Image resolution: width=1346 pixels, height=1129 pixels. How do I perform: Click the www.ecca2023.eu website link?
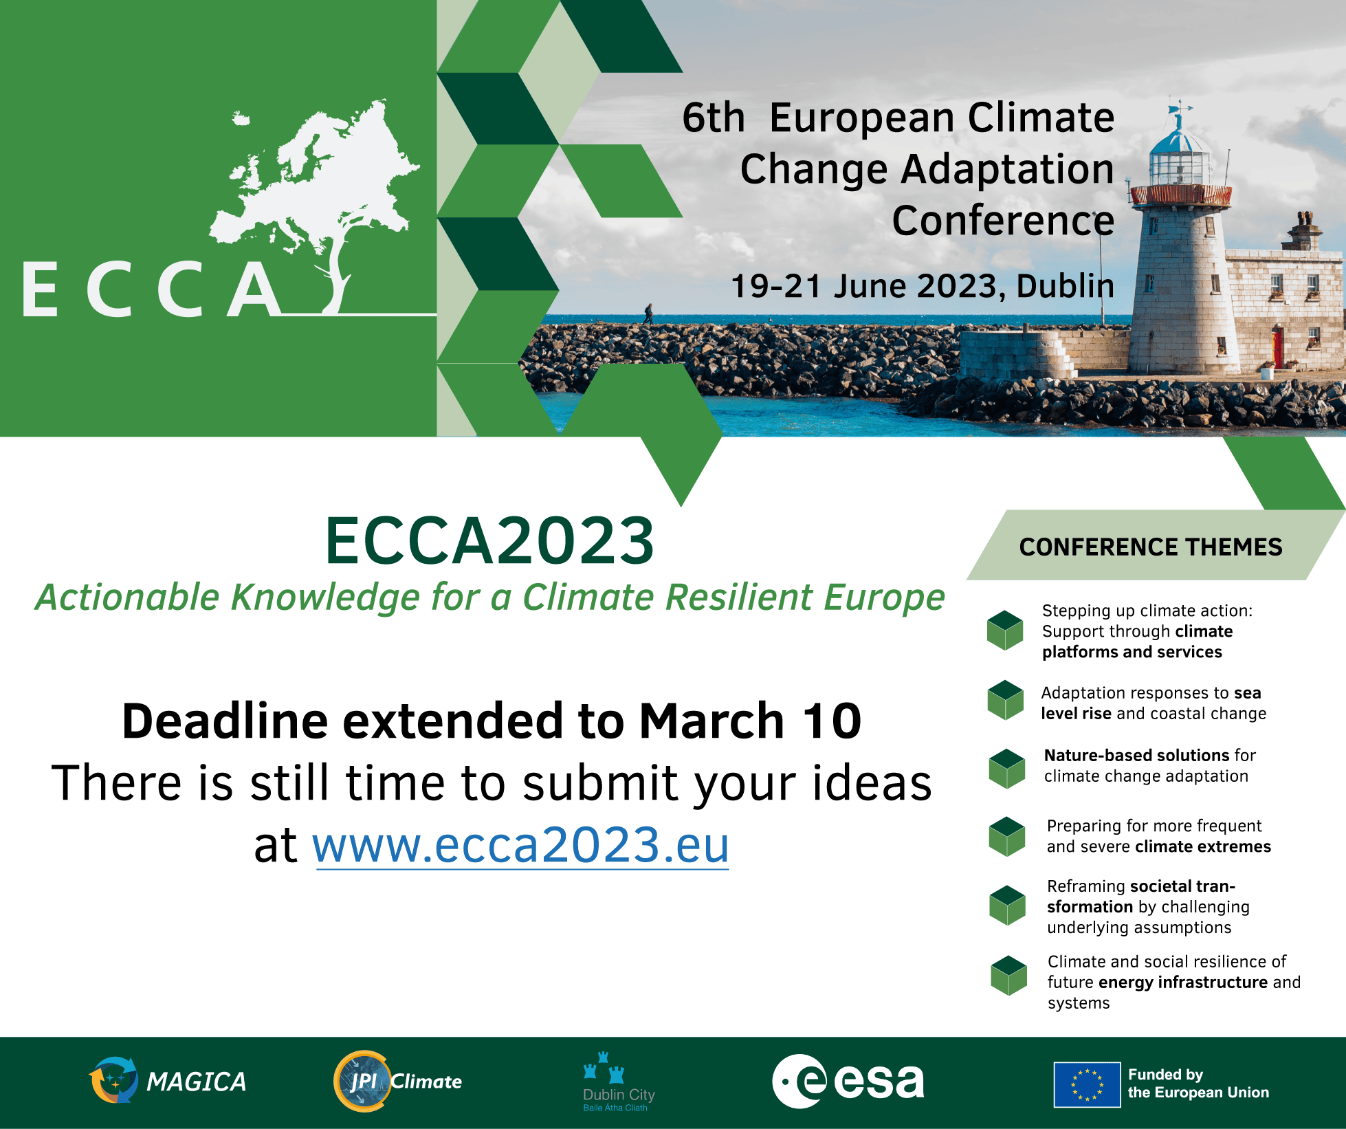tap(520, 845)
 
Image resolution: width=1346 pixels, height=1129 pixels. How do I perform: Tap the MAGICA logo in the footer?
tap(167, 1080)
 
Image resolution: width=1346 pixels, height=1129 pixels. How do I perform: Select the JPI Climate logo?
tap(397, 1081)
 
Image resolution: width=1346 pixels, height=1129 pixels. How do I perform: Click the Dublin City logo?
tap(618, 1082)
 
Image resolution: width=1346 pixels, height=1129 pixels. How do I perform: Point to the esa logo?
tap(848, 1082)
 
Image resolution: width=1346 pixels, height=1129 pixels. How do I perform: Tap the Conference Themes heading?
tap(1151, 547)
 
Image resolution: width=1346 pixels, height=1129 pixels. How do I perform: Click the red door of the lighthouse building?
tap(1278, 348)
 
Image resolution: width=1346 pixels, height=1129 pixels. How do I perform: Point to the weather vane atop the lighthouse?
tap(1179, 113)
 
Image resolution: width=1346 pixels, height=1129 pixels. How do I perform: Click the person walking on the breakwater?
tap(648, 314)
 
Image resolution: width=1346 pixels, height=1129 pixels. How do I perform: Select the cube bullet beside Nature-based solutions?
tap(1007, 769)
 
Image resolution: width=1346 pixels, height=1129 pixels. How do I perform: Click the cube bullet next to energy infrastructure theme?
tap(1008, 976)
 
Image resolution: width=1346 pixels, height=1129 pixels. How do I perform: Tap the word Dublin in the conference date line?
tap(1065, 286)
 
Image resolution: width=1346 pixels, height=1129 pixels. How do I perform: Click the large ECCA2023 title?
tap(489, 541)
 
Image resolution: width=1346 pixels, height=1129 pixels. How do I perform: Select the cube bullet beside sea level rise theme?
tap(1006, 700)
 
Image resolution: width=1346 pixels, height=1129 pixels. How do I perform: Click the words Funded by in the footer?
tap(1165, 1075)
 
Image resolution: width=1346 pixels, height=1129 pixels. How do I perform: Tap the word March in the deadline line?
tap(711, 721)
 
